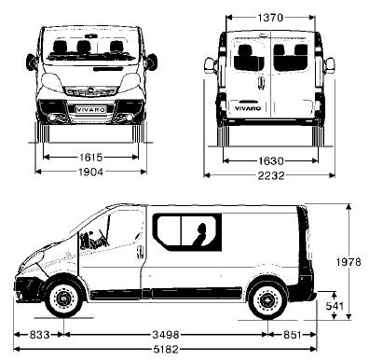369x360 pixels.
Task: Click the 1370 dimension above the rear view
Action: click(270, 16)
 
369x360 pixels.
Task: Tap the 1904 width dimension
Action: click(91, 172)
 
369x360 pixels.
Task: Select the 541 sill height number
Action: click(335, 305)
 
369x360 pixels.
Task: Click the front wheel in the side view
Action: click(63, 299)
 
